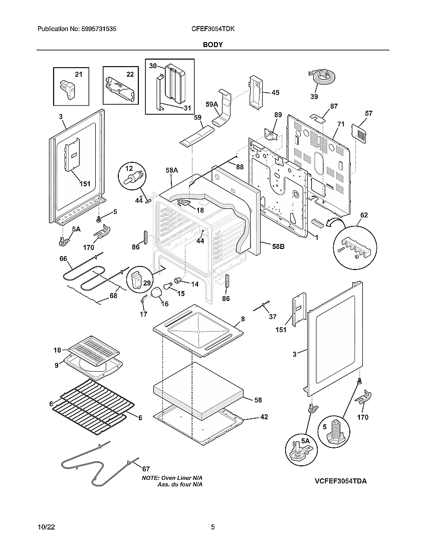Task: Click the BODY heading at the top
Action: [212, 45]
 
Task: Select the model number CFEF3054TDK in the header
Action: [213, 30]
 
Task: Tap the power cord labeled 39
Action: [322, 78]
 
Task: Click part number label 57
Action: [368, 114]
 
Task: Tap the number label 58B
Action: [279, 246]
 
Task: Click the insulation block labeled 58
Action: [198, 391]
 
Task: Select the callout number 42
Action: [264, 417]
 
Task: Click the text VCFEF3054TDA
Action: [341, 481]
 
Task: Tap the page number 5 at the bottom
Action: [213, 527]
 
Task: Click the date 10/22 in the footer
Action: [46, 527]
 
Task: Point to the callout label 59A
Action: [212, 105]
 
